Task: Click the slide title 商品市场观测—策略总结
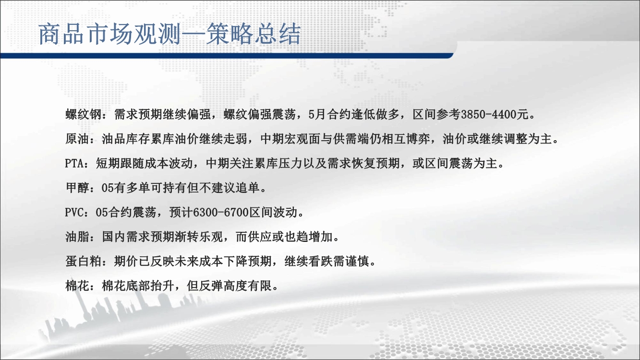tap(169, 34)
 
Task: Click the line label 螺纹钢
tap(84, 115)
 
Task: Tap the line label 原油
tap(77, 139)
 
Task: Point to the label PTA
tap(74, 164)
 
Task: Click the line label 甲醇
tap(77, 188)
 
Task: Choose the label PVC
tap(74, 213)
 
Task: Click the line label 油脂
tap(77, 237)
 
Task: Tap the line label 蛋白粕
tap(84, 261)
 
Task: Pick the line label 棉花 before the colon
tap(77, 286)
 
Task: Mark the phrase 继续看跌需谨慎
tap(326, 261)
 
